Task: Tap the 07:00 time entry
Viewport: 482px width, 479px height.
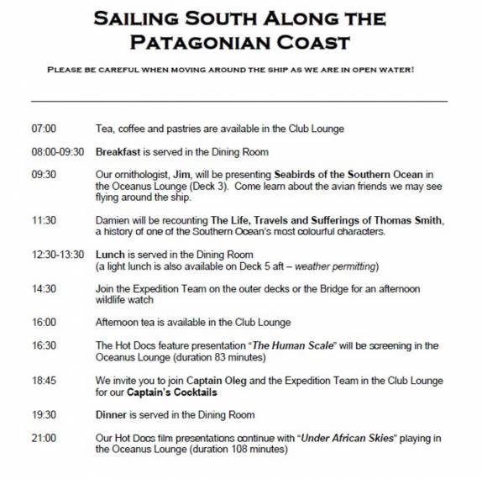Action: (44, 129)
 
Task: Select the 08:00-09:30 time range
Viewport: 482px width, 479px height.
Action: (57, 152)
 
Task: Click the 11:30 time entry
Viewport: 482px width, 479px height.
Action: (44, 221)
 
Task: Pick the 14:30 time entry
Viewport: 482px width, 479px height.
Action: (44, 289)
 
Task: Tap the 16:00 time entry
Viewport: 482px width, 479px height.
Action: (44, 323)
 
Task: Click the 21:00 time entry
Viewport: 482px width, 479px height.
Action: (44, 438)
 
